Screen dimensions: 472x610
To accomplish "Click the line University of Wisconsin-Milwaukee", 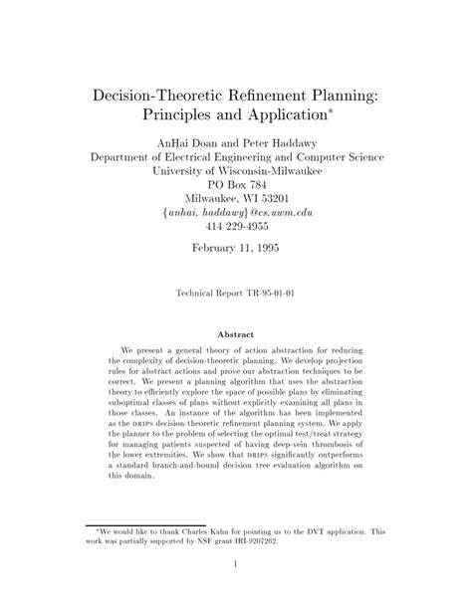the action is [x=236, y=170].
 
